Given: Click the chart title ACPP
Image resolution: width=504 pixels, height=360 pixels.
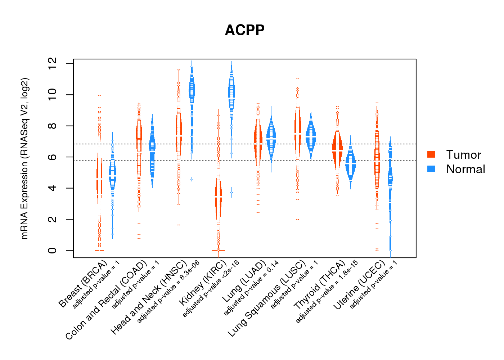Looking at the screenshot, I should pos(244,30).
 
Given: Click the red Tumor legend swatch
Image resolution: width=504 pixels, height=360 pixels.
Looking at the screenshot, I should pos(431,154).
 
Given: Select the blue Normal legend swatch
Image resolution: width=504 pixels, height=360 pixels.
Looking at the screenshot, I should pos(431,169).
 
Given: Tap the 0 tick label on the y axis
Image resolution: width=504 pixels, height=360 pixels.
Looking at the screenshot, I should pos(53,250).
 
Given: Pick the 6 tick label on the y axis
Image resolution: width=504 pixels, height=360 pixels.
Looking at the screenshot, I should pos(53,157).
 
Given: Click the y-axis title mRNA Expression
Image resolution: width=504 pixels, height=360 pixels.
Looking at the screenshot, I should pos(24,158).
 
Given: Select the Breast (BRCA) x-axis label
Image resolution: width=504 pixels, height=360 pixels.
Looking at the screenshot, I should pos(83,284).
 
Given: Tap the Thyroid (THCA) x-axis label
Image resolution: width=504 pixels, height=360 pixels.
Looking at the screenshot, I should pos(319,285).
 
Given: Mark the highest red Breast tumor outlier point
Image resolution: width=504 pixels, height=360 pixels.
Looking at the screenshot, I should pos(99,96).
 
